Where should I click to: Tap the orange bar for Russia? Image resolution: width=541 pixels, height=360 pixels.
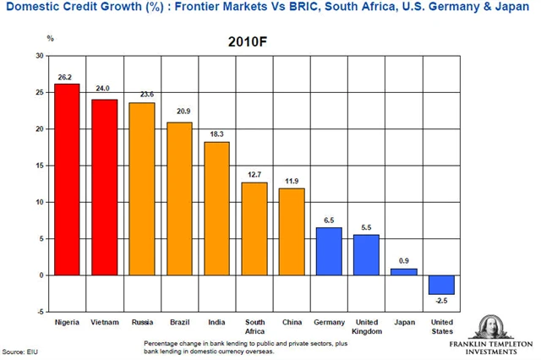[x=141, y=188]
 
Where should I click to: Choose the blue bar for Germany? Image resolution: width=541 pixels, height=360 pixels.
[x=329, y=251]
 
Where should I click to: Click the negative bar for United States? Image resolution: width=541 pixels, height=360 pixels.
[x=440, y=284]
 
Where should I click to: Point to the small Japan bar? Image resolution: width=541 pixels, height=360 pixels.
[x=403, y=271]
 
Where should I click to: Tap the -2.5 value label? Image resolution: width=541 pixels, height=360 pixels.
[x=440, y=301]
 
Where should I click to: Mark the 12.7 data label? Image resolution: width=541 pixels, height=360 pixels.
[x=254, y=175]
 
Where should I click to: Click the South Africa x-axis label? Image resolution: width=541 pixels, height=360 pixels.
[x=254, y=325]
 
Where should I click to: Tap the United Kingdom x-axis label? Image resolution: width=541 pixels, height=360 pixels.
[x=366, y=325]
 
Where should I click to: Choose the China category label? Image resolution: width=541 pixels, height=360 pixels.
[x=292, y=321]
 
